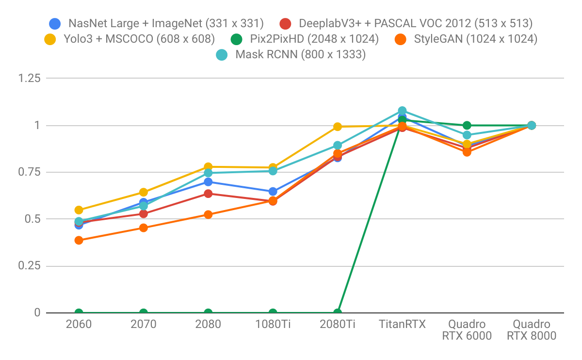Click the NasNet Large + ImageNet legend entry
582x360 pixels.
[x=158, y=23]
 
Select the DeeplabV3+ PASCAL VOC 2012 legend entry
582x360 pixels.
[x=407, y=23]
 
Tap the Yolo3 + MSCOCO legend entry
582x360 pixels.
[x=131, y=39]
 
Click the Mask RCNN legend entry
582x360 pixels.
[x=291, y=55]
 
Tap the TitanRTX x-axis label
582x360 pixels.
[x=402, y=324]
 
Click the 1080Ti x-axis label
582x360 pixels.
[x=273, y=324]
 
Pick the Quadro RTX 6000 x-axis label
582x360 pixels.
[x=467, y=330]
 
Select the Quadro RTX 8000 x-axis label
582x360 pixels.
[x=531, y=330]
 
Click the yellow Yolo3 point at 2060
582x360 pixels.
[x=79, y=210]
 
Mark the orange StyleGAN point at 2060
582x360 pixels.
[x=79, y=240]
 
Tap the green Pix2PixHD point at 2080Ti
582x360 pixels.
[x=338, y=312]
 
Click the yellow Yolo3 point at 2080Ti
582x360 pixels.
[x=338, y=127]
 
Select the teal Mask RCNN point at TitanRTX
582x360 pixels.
[x=402, y=111]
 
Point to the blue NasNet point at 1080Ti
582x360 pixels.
[x=273, y=192]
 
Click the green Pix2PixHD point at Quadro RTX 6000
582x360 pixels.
[x=467, y=125]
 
